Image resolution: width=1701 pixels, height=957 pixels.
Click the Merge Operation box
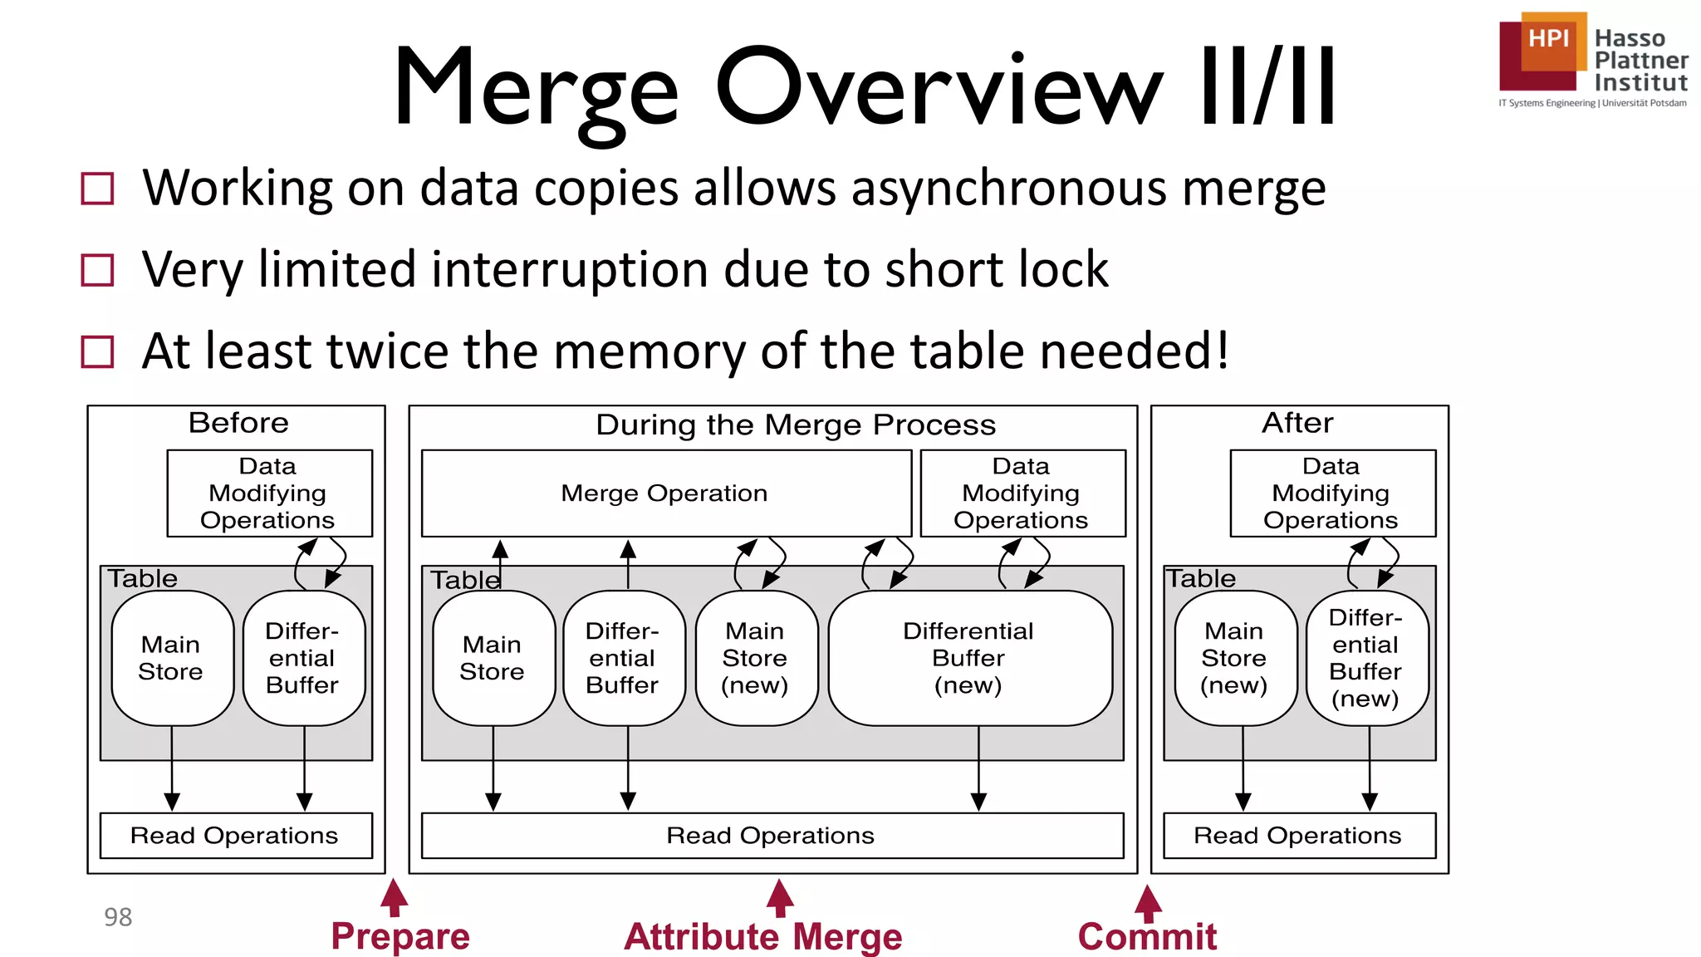point(665,493)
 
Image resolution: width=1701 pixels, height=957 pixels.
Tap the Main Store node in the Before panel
point(171,657)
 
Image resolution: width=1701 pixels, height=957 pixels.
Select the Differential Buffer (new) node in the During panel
point(968,657)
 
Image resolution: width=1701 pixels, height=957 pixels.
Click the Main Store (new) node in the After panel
point(1234,657)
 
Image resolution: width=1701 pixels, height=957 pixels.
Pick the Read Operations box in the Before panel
point(235,835)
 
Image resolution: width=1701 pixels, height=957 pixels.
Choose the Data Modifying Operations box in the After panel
point(1331,493)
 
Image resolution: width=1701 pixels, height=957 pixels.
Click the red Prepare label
point(400,936)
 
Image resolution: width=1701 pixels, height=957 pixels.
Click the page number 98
point(118,917)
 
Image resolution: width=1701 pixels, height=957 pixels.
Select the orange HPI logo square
point(1549,40)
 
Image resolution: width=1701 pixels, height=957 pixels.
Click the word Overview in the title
point(939,87)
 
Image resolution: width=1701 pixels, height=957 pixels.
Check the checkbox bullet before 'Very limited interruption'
point(97,270)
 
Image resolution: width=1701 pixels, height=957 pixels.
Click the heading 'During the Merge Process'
point(796,425)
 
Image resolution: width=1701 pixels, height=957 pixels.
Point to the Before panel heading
point(238,423)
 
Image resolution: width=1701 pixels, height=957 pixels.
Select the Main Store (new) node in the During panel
point(755,657)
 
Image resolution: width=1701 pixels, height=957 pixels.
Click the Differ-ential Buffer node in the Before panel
point(303,657)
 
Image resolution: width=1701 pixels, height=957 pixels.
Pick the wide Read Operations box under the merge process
point(772,835)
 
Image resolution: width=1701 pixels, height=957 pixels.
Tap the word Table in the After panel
point(1201,578)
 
